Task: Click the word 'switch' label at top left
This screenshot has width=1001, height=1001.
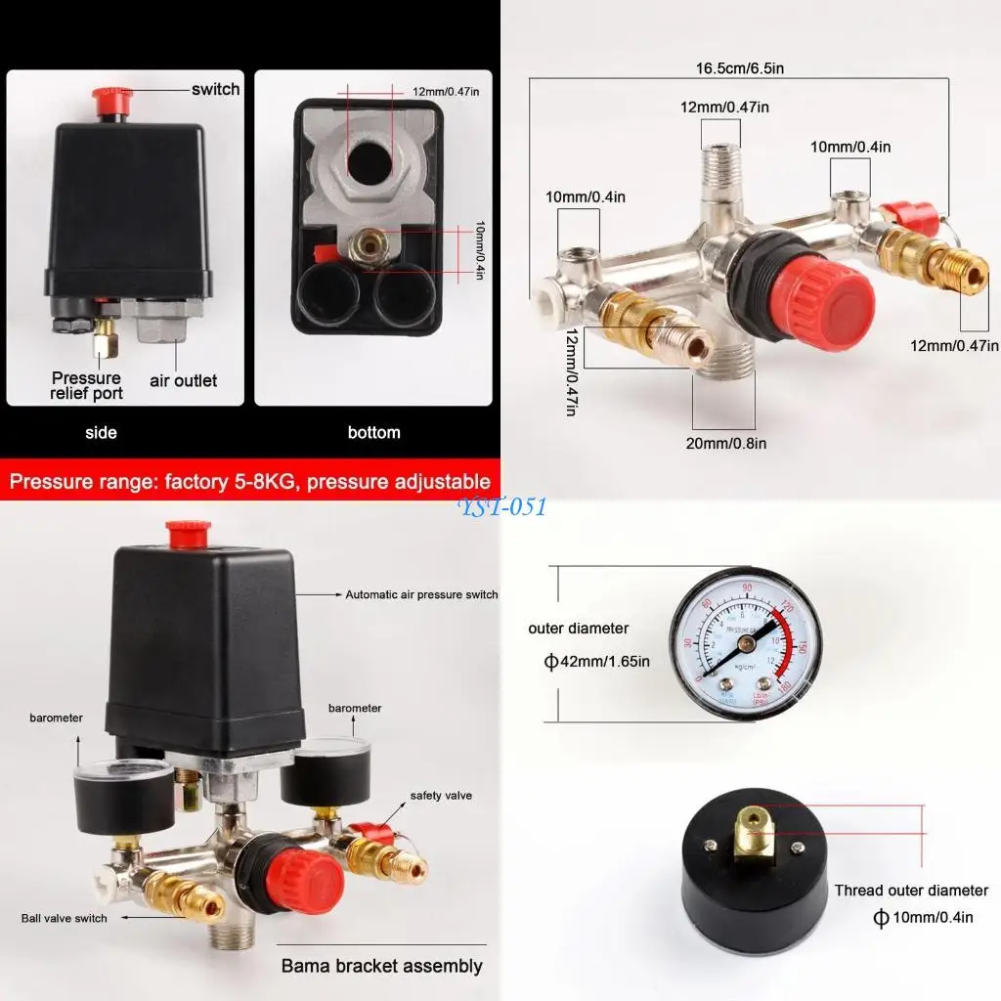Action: (215, 89)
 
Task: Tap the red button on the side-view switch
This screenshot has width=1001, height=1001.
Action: (109, 98)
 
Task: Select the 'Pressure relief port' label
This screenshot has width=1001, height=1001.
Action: (87, 385)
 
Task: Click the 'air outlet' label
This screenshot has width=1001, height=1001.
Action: (183, 380)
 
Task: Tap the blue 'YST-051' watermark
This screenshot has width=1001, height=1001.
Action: (503, 506)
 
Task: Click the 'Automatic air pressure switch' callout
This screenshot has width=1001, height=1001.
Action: (421, 594)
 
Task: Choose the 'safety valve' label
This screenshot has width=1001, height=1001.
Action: (441, 796)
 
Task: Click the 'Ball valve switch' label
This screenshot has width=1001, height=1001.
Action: (65, 918)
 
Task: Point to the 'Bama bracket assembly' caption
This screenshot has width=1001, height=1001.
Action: (381, 966)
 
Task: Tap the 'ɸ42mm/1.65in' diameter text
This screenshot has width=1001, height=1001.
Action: (596, 662)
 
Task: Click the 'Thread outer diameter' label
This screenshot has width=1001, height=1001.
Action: (911, 891)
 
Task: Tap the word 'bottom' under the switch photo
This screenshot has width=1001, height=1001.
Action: (373, 432)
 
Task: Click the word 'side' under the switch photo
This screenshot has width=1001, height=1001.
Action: (101, 432)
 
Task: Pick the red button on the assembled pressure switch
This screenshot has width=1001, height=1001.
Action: (189, 534)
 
